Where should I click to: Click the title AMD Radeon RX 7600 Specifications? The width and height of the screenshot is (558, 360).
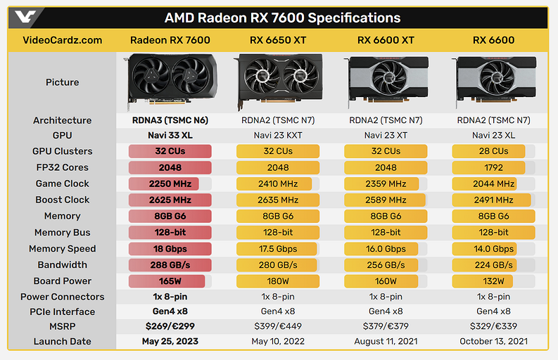[282, 18]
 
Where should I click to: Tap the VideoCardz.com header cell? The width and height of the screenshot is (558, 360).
[62, 40]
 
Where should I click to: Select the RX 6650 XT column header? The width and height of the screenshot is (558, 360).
[277, 40]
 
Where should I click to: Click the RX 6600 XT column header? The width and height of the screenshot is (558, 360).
[386, 40]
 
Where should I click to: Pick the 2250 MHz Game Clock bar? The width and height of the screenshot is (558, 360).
[170, 184]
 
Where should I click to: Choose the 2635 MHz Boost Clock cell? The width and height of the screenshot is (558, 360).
[277, 200]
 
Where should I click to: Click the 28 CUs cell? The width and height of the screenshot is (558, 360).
[493, 151]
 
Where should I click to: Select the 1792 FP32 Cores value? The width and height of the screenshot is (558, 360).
[493, 167]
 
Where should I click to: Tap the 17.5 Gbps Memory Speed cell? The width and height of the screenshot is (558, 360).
[277, 248]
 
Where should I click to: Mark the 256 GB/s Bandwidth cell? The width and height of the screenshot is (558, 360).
[386, 264]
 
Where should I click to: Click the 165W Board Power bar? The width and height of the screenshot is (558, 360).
[170, 281]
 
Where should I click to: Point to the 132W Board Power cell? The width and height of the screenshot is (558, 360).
[493, 281]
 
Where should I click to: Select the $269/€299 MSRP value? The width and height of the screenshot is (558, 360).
[170, 326]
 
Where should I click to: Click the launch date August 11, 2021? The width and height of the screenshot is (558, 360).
[386, 342]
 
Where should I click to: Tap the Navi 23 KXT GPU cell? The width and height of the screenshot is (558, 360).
[277, 135]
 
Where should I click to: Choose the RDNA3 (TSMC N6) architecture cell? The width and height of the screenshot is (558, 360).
[170, 120]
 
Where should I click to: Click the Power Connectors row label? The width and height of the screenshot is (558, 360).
[62, 297]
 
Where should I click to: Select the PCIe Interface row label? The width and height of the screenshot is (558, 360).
[62, 311]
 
